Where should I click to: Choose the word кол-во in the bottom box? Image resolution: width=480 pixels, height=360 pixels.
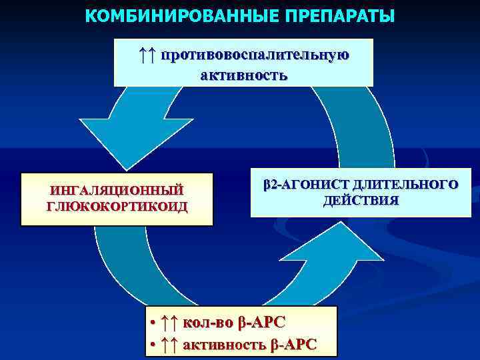(208, 323)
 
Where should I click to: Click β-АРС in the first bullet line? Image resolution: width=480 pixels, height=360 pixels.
(261, 323)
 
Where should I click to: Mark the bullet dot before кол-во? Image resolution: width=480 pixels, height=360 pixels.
(153, 323)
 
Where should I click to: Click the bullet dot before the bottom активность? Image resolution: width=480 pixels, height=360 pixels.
(153, 345)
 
